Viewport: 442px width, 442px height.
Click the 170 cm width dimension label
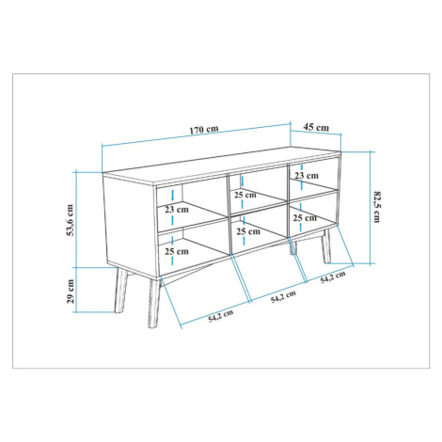point(204,129)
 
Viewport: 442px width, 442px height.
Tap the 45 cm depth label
point(316,127)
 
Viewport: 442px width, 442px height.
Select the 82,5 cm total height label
point(377,207)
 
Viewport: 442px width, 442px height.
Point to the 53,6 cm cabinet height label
point(70,220)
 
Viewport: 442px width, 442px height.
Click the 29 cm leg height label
point(71,292)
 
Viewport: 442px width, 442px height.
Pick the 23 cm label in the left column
point(177,210)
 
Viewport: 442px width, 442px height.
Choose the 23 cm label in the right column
point(307,176)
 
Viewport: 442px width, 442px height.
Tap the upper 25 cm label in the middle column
point(245,195)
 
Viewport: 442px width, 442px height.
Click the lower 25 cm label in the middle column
point(248,231)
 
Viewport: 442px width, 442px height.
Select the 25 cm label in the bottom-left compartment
point(177,251)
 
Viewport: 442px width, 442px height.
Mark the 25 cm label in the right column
point(305,217)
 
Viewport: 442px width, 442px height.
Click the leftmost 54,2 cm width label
point(221,316)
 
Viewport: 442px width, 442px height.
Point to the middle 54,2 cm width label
point(283,296)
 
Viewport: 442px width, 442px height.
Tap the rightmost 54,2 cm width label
point(333,277)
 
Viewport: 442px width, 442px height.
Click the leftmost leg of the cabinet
point(120,291)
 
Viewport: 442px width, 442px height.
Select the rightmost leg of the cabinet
point(326,246)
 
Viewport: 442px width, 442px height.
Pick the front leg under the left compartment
point(154,303)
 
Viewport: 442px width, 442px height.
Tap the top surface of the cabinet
point(222,166)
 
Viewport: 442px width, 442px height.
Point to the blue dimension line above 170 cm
point(197,135)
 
